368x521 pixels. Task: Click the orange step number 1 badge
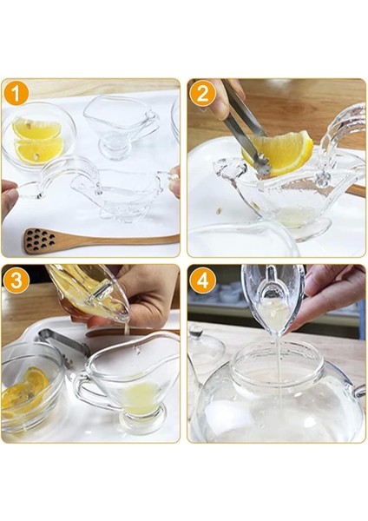(17, 94)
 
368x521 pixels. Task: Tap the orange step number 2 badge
(202, 94)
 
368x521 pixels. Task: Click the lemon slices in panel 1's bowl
(37, 139)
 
